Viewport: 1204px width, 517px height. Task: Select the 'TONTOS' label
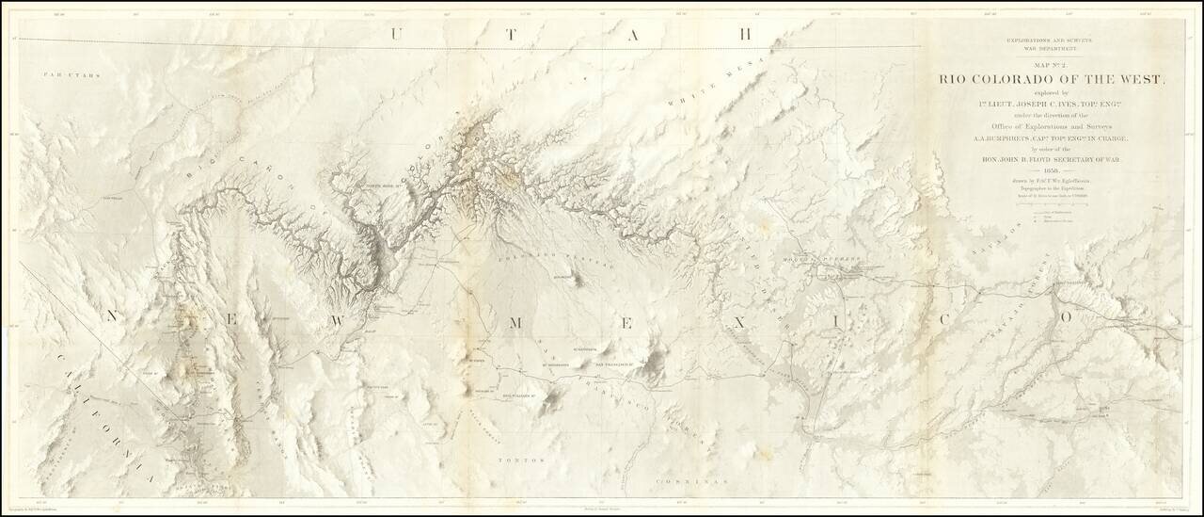(x=515, y=459)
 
